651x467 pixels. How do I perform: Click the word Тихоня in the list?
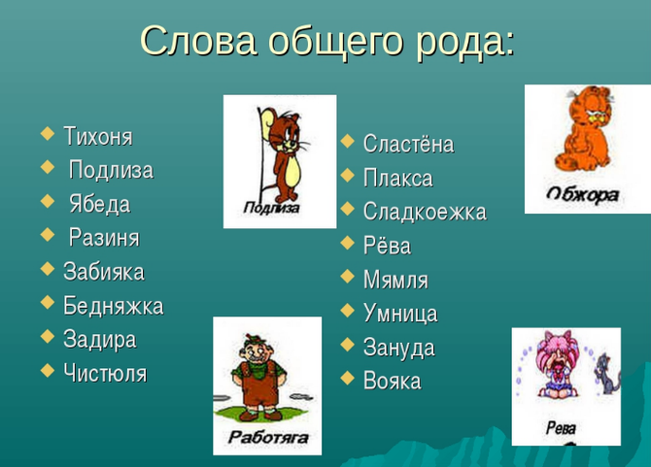coord(98,136)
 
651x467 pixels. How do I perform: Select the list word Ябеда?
coord(100,204)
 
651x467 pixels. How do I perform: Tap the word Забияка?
coord(104,272)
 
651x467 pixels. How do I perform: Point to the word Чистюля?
coord(105,373)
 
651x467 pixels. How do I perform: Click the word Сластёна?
coord(408,144)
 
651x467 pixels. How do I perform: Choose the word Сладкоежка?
coord(425,211)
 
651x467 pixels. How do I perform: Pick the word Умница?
coord(400,314)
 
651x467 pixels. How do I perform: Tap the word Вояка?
coord(393,381)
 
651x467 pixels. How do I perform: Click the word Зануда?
coord(399,348)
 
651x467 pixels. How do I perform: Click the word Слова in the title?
coord(197,41)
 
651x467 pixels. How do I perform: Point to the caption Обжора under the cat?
coord(582,195)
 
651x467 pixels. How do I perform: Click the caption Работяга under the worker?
coord(268,437)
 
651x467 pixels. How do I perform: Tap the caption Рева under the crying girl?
coord(561,427)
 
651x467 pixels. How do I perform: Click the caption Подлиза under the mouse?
coord(271,207)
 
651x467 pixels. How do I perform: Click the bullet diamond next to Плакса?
coord(348,175)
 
